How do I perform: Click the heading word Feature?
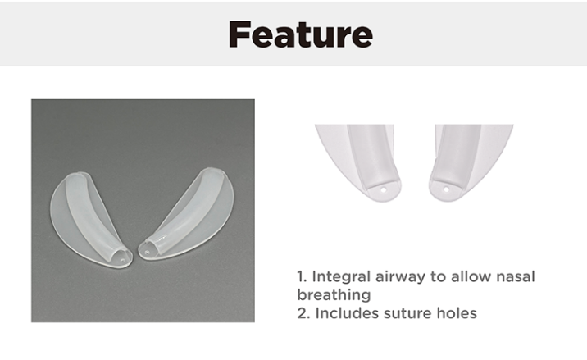300,34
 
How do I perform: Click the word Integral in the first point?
336,277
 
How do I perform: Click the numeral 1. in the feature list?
301,277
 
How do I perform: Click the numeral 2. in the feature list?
302,312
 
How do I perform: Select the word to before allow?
435,277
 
